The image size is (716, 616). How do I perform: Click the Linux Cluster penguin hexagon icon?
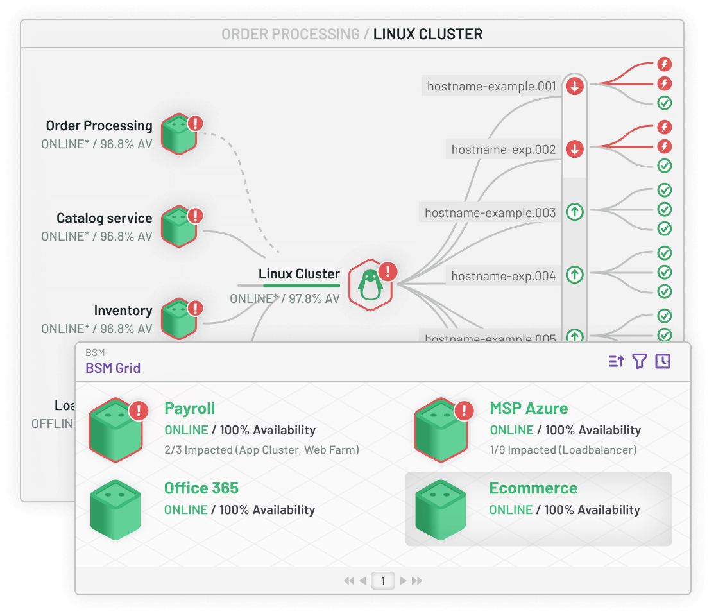click(370, 285)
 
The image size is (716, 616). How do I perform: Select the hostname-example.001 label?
click(491, 86)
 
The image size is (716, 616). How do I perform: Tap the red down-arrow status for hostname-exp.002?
click(575, 150)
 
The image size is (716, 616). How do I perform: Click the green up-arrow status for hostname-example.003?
click(575, 212)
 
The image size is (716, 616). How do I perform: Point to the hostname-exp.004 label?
click(503, 276)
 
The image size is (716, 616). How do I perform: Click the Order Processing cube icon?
click(178, 134)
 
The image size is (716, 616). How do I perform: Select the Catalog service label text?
click(104, 218)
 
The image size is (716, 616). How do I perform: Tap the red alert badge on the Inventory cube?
click(195, 308)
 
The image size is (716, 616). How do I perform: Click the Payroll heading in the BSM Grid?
click(189, 409)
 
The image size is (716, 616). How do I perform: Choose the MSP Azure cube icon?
click(440, 431)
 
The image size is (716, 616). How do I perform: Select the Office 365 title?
click(201, 488)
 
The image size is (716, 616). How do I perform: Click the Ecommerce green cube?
click(440, 510)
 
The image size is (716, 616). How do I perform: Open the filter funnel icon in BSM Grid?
click(639, 361)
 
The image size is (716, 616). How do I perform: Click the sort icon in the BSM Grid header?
click(616, 361)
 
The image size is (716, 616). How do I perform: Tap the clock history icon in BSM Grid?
click(662, 361)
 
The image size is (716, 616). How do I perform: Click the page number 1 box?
click(383, 581)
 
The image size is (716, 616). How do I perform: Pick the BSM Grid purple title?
click(113, 368)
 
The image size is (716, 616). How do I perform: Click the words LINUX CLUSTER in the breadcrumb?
click(428, 34)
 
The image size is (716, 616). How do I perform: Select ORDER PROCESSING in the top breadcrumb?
click(291, 34)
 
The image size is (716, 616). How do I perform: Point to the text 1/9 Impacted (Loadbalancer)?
click(563, 450)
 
